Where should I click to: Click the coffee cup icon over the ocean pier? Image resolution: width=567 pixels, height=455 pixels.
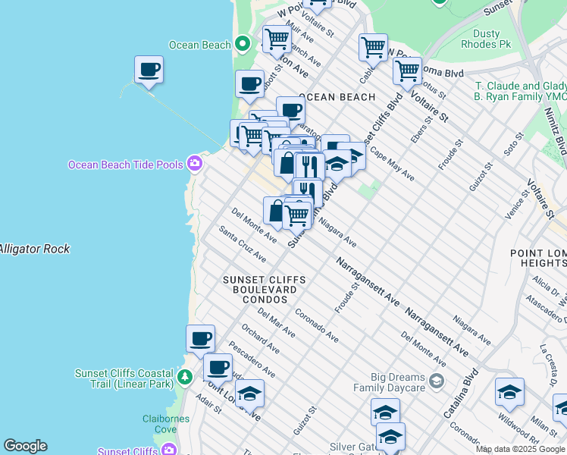[x=149, y=70]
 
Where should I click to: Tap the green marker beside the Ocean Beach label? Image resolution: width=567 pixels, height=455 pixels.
[x=243, y=44]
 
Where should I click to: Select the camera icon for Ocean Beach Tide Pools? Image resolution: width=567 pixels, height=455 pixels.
[x=195, y=164]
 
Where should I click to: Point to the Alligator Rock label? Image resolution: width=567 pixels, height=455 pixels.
[x=34, y=249]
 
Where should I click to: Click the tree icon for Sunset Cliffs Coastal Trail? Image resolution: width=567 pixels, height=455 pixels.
[x=183, y=377]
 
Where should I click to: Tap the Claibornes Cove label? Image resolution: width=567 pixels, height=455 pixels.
[x=160, y=424]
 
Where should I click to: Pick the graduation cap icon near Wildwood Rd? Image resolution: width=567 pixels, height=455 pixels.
[x=509, y=392]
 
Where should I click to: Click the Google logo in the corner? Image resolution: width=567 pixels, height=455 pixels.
[x=25, y=446]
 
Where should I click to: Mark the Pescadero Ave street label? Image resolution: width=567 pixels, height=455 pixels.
[x=249, y=360]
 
